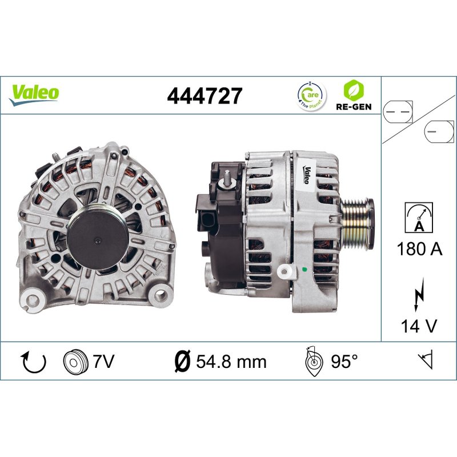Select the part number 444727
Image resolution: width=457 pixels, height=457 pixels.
point(205,95)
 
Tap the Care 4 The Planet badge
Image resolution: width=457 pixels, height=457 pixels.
point(312,95)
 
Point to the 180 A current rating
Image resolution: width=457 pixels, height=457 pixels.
point(419,249)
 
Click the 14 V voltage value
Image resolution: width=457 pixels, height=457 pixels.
point(419,326)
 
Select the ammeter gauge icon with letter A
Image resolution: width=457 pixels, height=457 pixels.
point(419,218)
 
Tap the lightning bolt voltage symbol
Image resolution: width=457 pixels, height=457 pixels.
point(419,295)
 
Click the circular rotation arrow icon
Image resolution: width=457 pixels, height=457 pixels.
point(34,362)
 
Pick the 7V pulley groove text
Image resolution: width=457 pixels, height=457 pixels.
point(104,362)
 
